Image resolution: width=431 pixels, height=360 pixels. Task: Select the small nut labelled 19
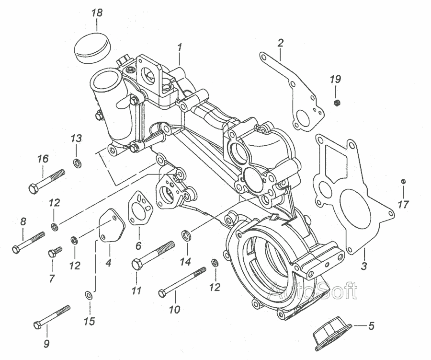337,103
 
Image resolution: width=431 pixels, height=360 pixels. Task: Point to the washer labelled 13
77,163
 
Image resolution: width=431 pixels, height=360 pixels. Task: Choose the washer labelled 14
186,236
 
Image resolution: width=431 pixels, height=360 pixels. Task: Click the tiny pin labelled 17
403,181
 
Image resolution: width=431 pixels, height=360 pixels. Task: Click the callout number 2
281,43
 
